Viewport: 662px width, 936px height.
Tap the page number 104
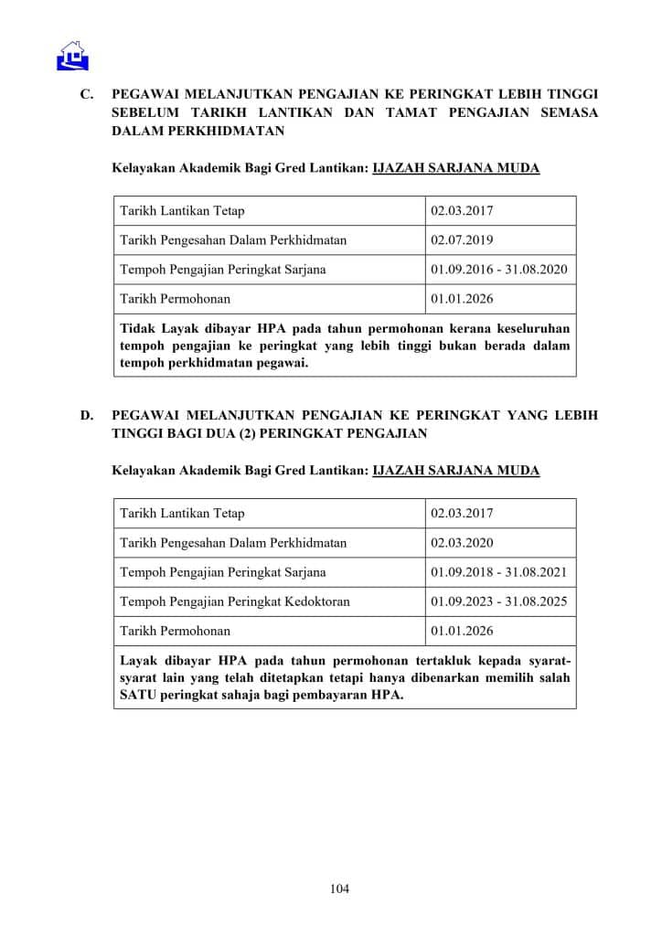pos(339,888)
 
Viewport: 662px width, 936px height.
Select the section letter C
pos(87,94)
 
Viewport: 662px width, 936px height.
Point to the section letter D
pos(87,415)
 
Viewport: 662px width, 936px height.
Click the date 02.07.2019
pos(462,240)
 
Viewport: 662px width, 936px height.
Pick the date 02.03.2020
pos(462,543)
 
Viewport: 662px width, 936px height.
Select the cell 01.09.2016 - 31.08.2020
pos(499,270)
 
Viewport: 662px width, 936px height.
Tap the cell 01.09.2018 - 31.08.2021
pos(499,572)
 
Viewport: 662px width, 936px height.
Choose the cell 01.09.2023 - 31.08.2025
pos(499,601)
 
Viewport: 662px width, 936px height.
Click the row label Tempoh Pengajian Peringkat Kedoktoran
pos(235,601)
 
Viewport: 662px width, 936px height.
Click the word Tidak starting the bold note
pos(137,328)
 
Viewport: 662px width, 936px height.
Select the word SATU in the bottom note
pos(140,694)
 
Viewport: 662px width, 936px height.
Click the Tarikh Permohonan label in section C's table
pos(176,299)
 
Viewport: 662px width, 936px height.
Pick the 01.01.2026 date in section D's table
pos(462,631)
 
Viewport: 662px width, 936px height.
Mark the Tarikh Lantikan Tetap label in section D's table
pos(182,514)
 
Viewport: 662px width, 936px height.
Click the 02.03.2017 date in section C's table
pos(462,211)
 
